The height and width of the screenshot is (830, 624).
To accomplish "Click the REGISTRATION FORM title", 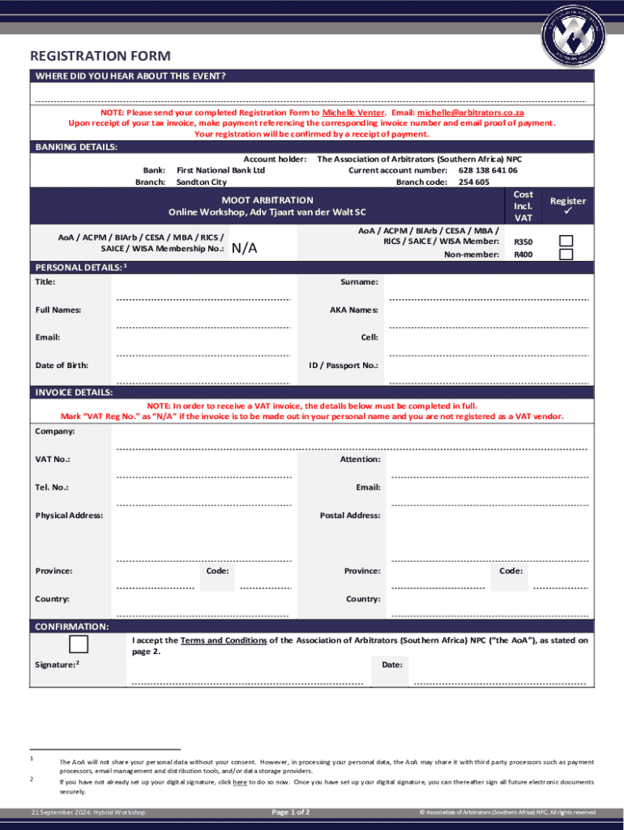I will pyautogui.click(x=100, y=56).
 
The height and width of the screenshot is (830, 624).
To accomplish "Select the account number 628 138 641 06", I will pyautogui.click(x=488, y=171).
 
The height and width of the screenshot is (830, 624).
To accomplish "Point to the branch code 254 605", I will pyautogui.click(x=474, y=182).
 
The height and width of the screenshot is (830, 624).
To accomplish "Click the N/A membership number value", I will pyautogui.click(x=245, y=249).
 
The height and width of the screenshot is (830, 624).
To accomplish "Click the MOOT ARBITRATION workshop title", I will pyautogui.click(x=267, y=199).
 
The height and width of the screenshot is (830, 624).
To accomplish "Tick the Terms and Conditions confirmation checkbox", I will pyautogui.click(x=79, y=644).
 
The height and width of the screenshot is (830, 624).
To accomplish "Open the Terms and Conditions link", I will pyautogui.click(x=224, y=640).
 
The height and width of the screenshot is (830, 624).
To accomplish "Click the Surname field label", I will pyautogui.click(x=360, y=282).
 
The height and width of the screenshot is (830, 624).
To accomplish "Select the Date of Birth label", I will pyautogui.click(x=62, y=366).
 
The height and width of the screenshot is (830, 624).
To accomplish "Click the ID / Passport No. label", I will pyautogui.click(x=344, y=366).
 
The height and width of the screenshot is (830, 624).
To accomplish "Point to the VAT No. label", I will pyautogui.click(x=53, y=460).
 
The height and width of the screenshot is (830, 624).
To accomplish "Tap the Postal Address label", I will pyautogui.click(x=350, y=516).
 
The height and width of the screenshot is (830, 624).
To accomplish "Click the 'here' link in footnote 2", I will pyautogui.click(x=240, y=783).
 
